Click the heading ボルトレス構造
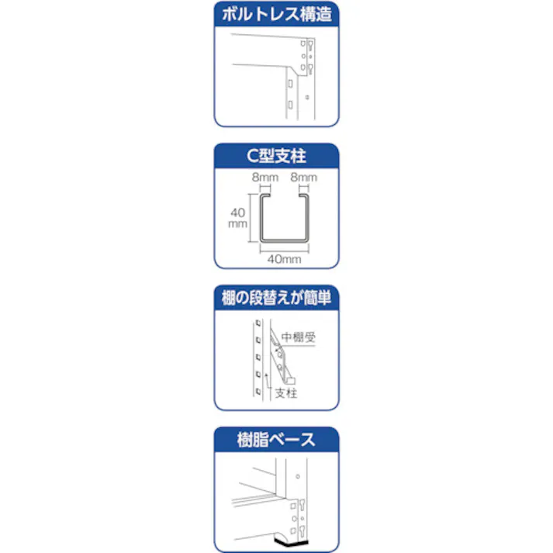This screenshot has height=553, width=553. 276,15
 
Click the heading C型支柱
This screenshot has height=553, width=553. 276,157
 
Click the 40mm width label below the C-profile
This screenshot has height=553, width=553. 284,259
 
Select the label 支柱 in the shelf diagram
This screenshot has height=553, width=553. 287,393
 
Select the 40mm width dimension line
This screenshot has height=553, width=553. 284,250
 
